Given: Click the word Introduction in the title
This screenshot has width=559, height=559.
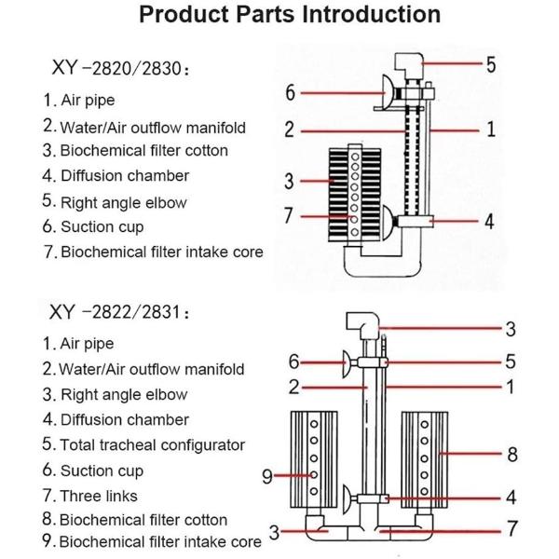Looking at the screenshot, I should click(x=364, y=15).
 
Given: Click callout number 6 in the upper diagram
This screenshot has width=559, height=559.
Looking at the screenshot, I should click(x=290, y=92).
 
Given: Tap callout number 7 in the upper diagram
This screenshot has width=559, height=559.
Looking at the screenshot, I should click(x=290, y=215).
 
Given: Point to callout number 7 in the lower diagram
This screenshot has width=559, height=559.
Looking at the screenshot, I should click(x=511, y=529).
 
